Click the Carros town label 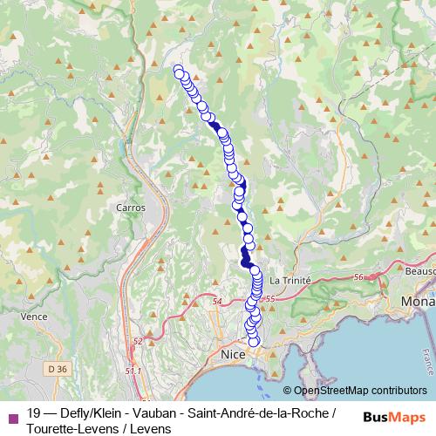coord(130,208)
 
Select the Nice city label coord(232,357)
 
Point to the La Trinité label coord(289,280)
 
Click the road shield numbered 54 coord(217,301)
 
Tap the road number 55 coord(269,298)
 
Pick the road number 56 coord(358,276)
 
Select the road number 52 coord(137,341)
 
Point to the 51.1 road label coord(133,371)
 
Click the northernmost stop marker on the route coord(179,71)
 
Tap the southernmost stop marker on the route coord(254,341)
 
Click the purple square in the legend coord(11,417)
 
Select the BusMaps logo coord(395,416)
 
